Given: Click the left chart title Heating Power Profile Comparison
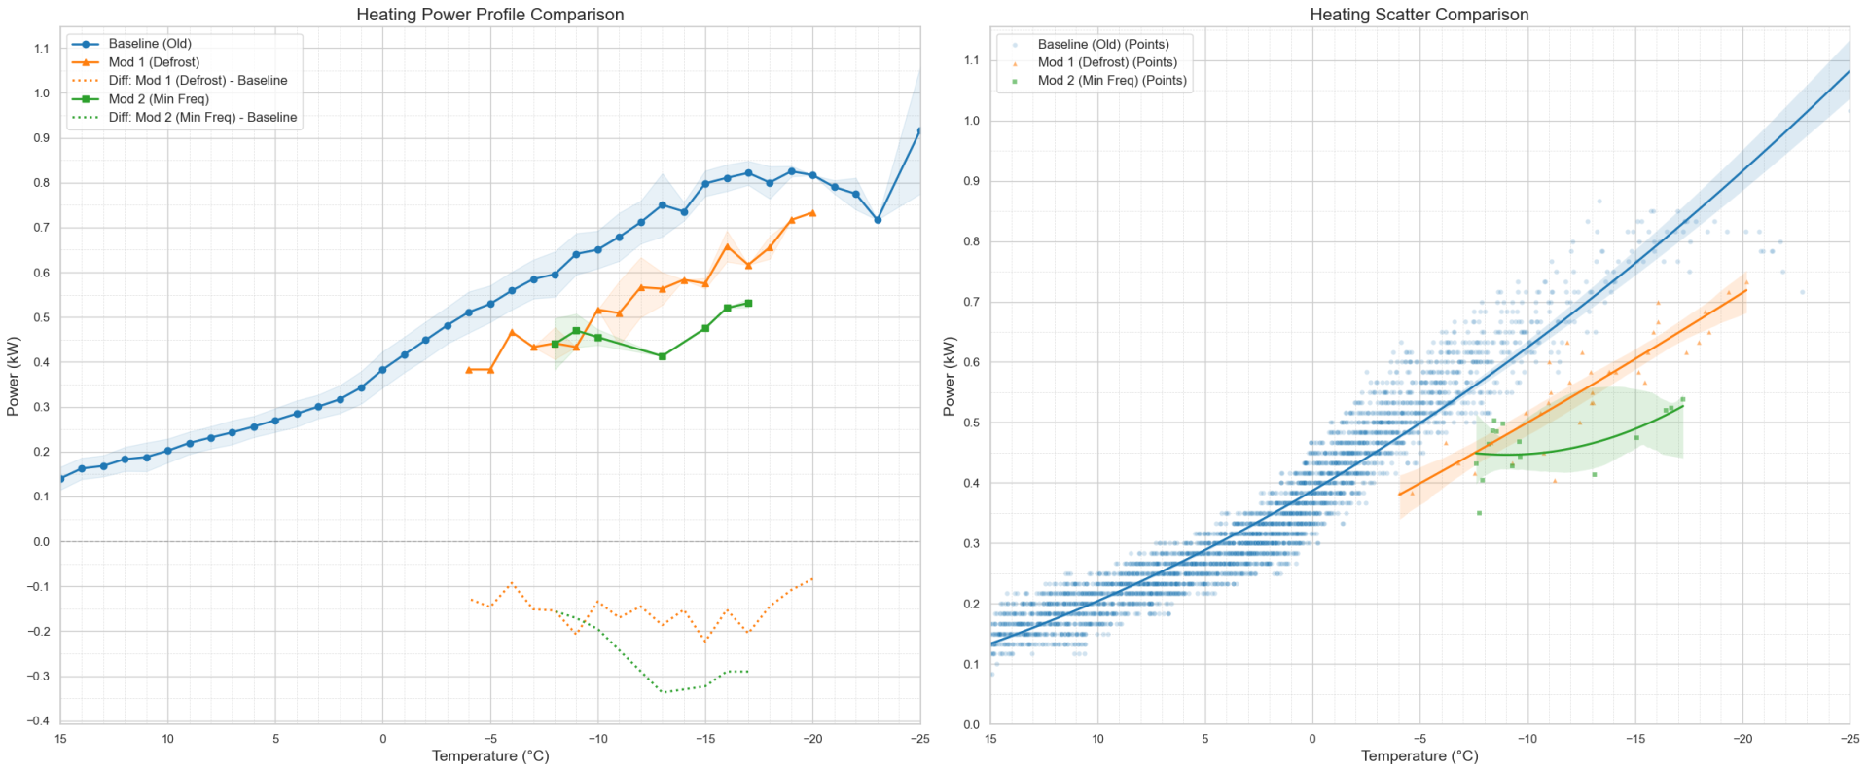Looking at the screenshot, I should click(x=489, y=15).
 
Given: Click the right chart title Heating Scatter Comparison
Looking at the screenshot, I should click(x=1419, y=15).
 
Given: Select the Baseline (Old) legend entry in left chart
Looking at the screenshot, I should click(x=150, y=44).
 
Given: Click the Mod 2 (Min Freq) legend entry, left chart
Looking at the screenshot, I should click(x=159, y=99).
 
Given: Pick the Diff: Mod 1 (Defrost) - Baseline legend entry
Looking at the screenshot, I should click(x=198, y=81).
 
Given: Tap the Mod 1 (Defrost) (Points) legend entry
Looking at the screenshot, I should click(x=1107, y=62).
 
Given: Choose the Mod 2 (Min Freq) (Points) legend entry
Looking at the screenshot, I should click(x=1112, y=81).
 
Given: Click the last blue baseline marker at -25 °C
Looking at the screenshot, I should click(x=918, y=130).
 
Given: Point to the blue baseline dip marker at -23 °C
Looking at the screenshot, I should click(x=878, y=220).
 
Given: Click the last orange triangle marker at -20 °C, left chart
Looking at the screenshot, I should click(x=812, y=213).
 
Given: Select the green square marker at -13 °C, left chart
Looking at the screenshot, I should click(x=663, y=356).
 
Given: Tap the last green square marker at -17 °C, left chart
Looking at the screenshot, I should click(x=748, y=304).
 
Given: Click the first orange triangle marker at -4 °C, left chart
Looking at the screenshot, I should click(x=469, y=370).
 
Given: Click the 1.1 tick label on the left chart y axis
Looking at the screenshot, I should click(x=41, y=49).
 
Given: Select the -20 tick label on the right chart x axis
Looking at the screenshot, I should click(x=1742, y=739).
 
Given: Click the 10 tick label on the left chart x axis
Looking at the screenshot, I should click(x=167, y=739).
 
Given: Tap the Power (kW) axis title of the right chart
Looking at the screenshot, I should click(x=950, y=378).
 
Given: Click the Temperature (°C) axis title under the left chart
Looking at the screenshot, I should click(x=489, y=756).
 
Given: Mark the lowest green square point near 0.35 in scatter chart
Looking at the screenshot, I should click(x=1479, y=513).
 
